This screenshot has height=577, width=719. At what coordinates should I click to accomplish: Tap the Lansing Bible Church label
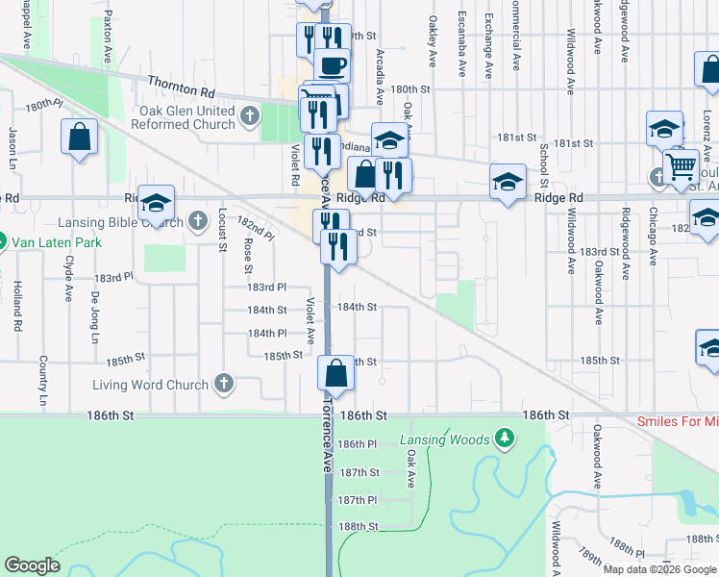(x=124, y=223)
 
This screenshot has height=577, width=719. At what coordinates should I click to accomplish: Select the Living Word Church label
(x=150, y=385)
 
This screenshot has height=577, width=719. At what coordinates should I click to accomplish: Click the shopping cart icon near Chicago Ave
(x=681, y=165)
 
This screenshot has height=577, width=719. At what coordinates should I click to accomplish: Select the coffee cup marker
(x=333, y=65)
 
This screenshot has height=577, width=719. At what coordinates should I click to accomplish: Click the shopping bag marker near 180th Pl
(x=80, y=138)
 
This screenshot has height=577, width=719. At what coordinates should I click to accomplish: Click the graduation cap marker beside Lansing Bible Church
(x=157, y=203)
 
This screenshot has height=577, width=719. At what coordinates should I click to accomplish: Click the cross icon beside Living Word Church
(x=223, y=384)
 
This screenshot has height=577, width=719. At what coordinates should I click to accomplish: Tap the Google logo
(x=33, y=565)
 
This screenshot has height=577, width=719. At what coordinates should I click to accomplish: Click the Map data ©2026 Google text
(x=659, y=569)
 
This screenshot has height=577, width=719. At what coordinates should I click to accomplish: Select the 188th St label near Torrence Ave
(x=359, y=527)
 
